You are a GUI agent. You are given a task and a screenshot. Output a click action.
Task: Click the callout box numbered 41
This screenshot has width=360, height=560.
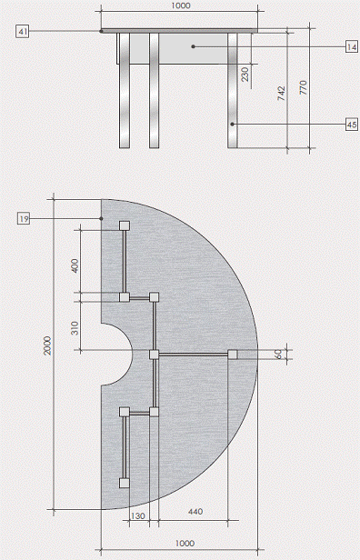pyautogui.click(x=22, y=32)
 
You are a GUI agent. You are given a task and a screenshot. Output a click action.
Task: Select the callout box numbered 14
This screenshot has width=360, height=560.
pyautogui.click(x=352, y=46)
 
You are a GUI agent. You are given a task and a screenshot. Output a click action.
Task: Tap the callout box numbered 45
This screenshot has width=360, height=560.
pyautogui.click(x=352, y=125)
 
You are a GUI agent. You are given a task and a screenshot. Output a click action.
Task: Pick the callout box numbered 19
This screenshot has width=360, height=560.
pyautogui.click(x=24, y=218)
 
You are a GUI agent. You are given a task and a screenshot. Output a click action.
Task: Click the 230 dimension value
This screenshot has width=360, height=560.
pyautogui.click(x=245, y=75)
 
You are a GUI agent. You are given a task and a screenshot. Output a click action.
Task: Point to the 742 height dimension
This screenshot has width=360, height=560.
pyautogui.click(x=282, y=93)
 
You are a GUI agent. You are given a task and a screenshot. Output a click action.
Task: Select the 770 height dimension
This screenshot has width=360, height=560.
pyautogui.click(x=304, y=87)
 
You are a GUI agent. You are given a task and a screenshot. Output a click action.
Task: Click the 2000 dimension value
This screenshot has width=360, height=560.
pyautogui.click(x=47, y=345)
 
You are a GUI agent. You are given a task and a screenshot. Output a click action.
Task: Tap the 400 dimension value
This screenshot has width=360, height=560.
pyautogui.click(x=75, y=265)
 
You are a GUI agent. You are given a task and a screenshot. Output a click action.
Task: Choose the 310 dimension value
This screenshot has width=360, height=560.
pyautogui.click(x=75, y=328)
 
